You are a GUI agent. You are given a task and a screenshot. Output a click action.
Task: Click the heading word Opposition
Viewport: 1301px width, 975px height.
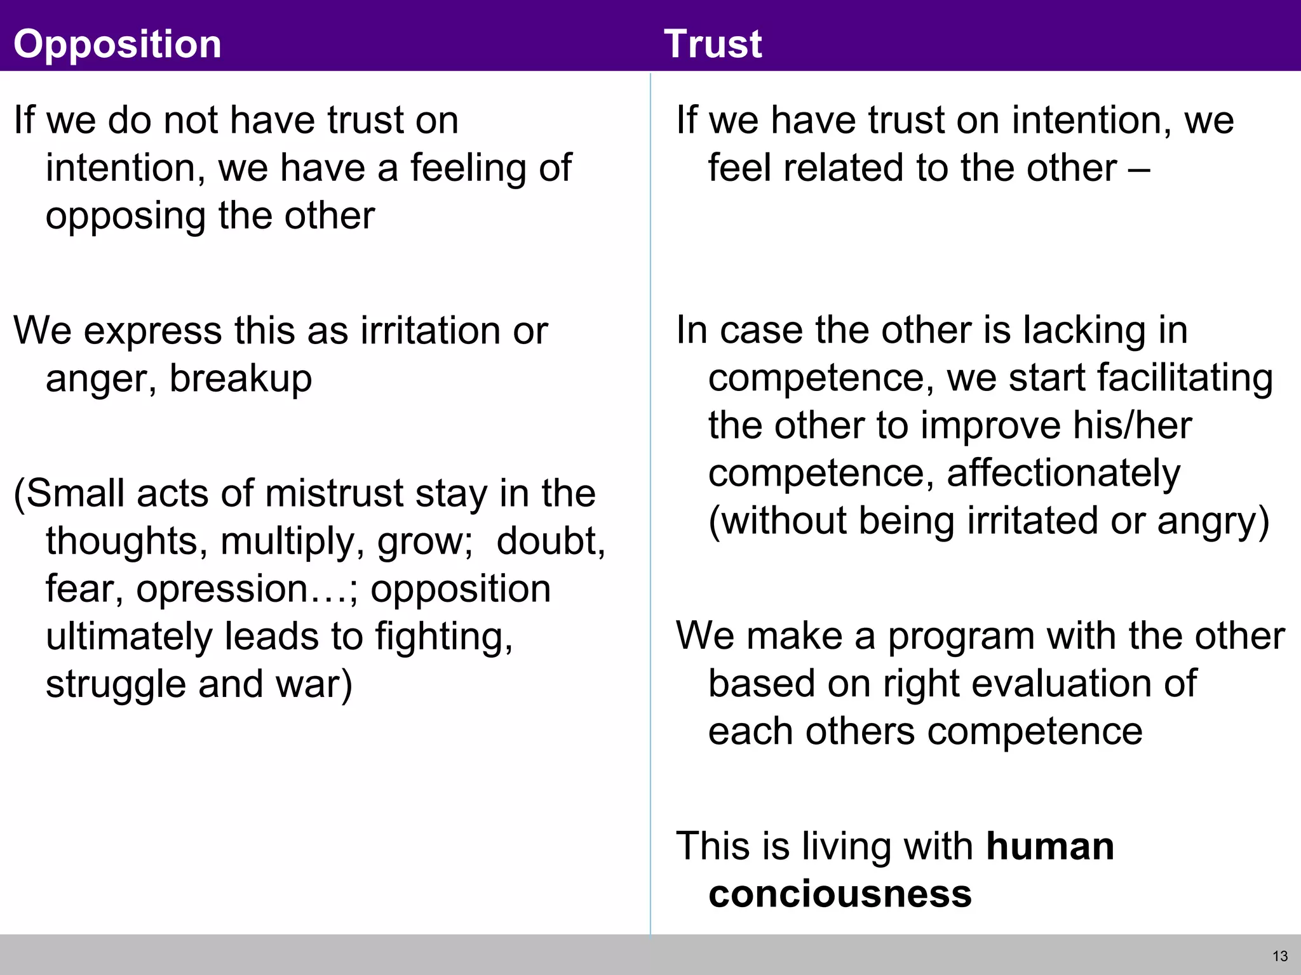point(118,44)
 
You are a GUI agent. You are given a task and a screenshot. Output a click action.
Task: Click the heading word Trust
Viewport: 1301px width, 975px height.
point(713,44)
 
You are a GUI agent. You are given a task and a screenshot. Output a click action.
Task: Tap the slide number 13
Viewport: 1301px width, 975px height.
point(1280,956)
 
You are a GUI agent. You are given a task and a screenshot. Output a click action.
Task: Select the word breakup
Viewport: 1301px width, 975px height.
point(241,379)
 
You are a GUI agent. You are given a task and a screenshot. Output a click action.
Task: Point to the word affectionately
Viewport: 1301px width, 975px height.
point(1063,474)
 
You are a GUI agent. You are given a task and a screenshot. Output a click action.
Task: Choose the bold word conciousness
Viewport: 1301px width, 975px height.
point(840,894)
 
